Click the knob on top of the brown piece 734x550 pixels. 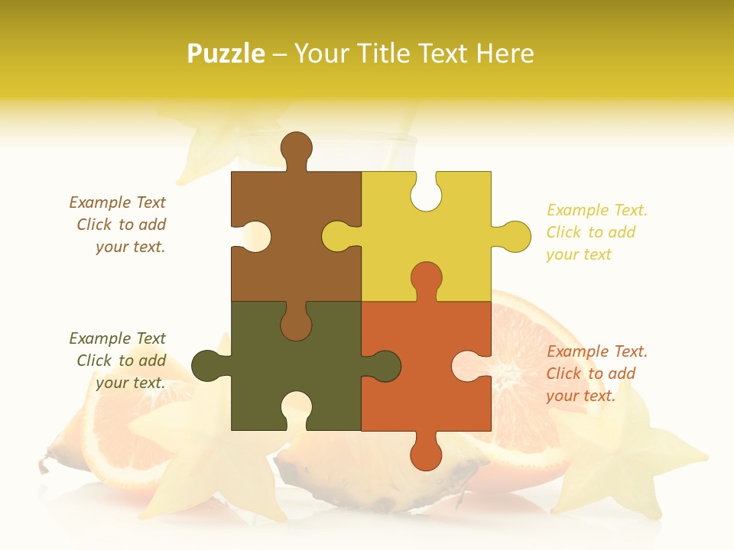296,147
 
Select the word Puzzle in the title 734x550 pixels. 226,53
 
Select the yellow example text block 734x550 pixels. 596,232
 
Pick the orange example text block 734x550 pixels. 596,374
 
